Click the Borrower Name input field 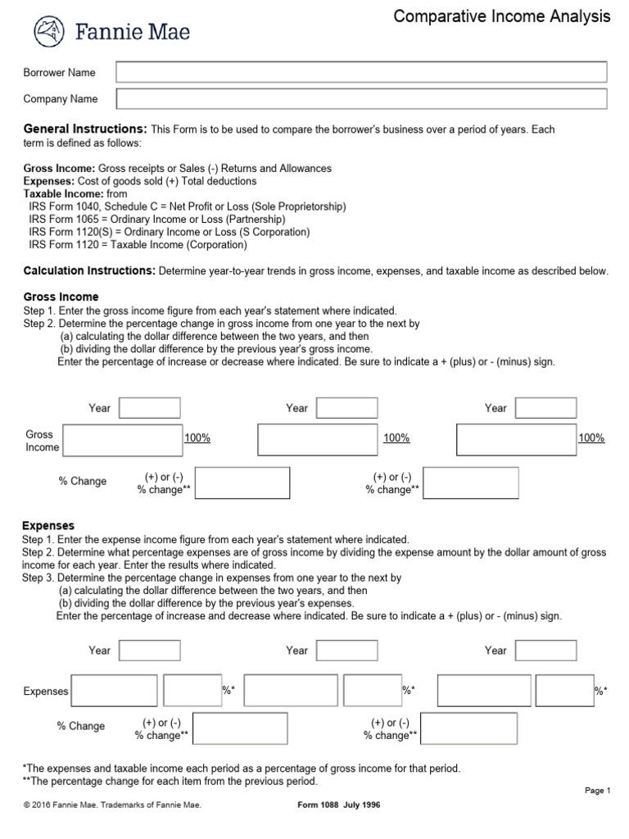361,72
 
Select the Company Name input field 361,99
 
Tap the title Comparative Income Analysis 502,16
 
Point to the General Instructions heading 85,129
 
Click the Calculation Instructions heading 89,270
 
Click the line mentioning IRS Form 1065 157,220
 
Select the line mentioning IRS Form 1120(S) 170,232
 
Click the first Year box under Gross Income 150,408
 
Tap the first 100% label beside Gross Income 197,438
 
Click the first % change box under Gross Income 242,483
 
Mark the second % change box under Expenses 469,728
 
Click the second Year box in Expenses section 346,650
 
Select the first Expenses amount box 115,690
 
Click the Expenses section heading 49,525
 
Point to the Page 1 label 598,791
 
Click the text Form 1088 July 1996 338,805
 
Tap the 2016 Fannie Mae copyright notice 112,805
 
